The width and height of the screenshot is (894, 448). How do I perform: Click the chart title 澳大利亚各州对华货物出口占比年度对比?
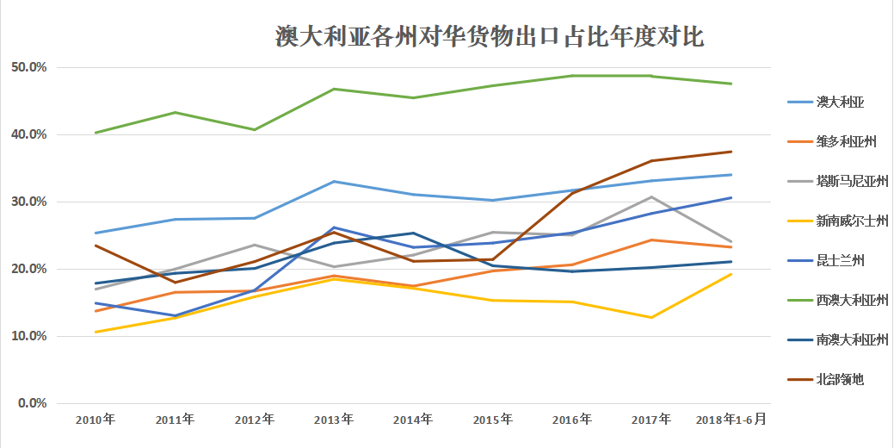click(x=490, y=37)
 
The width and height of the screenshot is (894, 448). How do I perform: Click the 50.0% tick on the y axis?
click(x=28, y=67)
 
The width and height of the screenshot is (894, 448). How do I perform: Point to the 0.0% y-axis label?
click(x=31, y=403)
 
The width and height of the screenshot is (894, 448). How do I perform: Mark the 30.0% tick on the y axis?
click(x=28, y=202)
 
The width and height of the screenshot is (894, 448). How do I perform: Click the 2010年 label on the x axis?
click(x=96, y=420)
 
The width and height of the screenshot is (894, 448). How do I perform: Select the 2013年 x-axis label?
click(x=334, y=420)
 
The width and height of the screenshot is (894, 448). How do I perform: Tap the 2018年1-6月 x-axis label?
click(x=731, y=420)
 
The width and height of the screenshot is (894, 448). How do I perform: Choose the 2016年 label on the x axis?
click(x=572, y=420)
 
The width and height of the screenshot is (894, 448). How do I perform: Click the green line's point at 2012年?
click(x=254, y=130)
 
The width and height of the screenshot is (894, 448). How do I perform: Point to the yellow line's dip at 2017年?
click(x=651, y=318)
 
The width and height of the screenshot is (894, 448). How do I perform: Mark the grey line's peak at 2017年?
click(x=651, y=197)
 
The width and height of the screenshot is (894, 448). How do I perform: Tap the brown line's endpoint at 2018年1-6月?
click(x=731, y=152)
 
